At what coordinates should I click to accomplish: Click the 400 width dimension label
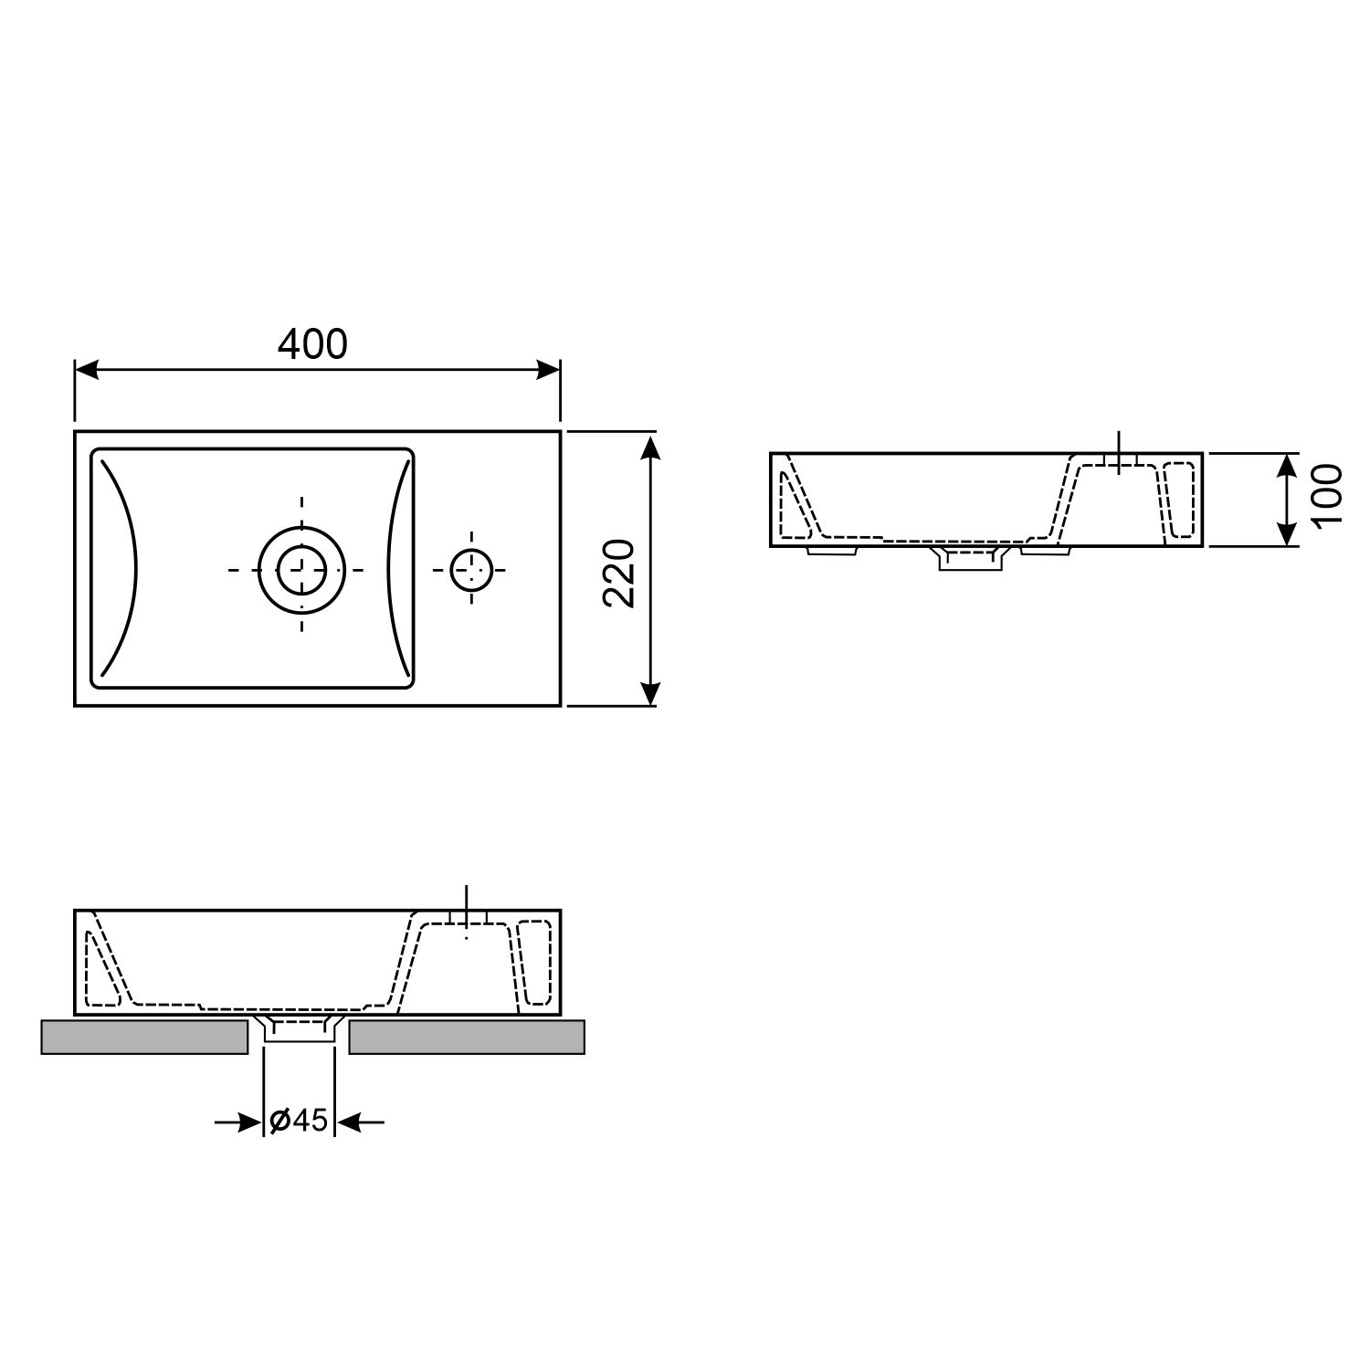tap(312, 344)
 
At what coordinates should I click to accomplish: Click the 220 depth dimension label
tap(619, 573)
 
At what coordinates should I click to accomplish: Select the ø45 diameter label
tap(299, 1120)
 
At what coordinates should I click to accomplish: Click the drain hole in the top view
tap(301, 570)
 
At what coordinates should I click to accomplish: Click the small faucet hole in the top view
tap(471, 570)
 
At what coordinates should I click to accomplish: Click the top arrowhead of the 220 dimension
tap(649, 448)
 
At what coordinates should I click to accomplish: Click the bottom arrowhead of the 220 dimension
tap(649, 693)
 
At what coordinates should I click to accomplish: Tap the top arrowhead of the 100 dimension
tap(1286, 466)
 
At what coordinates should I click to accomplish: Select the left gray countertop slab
tap(144, 1038)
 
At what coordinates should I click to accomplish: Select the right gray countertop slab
tap(467, 1038)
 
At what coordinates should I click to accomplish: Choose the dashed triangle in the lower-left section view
tap(100, 973)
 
